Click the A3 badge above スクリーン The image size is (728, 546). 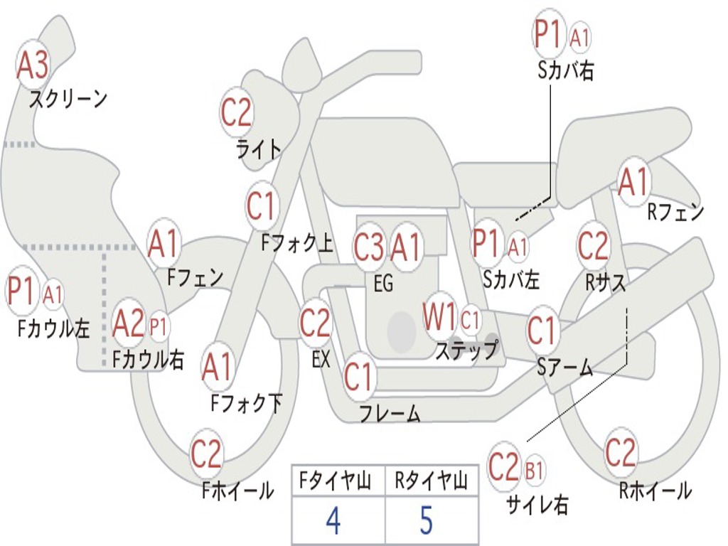click(33, 65)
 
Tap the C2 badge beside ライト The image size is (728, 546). click(237, 112)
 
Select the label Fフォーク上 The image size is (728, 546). click(296, 244)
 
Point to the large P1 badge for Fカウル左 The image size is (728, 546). click(21, 292)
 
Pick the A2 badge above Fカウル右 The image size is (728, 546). click(129, 324)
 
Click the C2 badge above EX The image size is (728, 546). click(315, 323)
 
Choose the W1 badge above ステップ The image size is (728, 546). click(440, 318)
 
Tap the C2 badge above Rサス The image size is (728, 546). click(593, 246)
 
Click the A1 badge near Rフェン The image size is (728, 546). click(633, 183)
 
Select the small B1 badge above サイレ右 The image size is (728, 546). click(535, 470)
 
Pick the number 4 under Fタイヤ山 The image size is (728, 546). click(333, 520)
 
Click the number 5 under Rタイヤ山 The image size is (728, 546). click(426, 520)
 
